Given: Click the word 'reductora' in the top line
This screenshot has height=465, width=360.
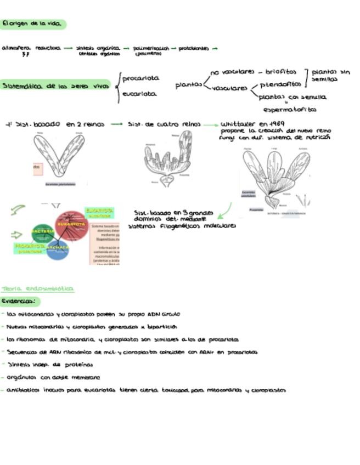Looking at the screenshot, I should point(48,48).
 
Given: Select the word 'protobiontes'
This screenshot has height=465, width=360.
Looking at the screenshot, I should point(194,48).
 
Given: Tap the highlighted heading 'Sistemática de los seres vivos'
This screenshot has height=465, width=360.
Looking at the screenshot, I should point(55,86).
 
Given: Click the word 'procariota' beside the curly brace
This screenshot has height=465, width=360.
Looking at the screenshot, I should point(140,78).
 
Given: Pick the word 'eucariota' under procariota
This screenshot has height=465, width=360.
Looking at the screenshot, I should point(139,94).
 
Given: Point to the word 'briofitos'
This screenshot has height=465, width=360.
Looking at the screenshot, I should point(280,72).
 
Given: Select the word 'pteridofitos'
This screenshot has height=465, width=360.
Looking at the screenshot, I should point(280,84).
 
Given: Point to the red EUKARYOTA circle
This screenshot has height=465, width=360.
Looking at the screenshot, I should point(71,225).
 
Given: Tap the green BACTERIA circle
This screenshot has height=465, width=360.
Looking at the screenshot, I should point(42,232).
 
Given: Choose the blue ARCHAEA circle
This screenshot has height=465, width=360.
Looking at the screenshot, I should point(58,248).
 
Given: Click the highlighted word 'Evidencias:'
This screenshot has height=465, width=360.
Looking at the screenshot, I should point(20,301).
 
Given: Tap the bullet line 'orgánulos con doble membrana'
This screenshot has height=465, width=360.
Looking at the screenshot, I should point(53,377).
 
